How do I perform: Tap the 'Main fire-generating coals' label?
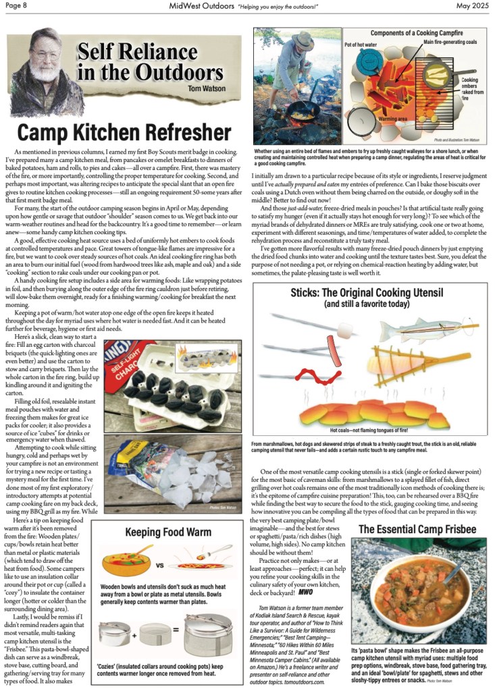(x=450, y=43)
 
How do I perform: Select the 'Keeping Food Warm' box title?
(x=167, y=532)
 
